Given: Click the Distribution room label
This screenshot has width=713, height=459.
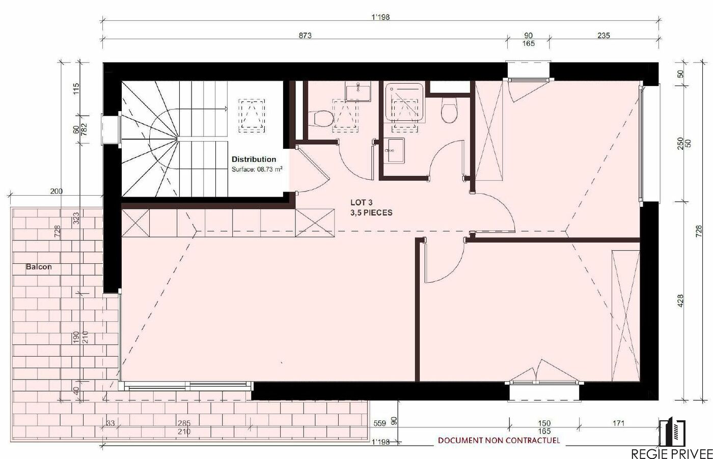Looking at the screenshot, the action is click(254, 159).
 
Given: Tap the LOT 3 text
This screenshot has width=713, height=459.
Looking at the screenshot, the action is click(361, 202).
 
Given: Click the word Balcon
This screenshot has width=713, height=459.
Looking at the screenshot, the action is click(39, 267).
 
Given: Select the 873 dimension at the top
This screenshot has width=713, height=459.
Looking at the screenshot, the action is click(305, 35).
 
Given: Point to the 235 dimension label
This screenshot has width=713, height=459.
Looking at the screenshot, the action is click(604, 35).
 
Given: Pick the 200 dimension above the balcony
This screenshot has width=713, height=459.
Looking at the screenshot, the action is click(57, 192).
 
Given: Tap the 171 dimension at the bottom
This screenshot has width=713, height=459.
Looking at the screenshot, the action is click(618, 423).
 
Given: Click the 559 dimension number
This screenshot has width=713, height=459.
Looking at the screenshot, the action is click(379, 423).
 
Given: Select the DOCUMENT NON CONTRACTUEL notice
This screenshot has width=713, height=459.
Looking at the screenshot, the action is click(499, 441).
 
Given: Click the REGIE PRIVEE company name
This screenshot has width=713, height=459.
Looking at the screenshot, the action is click(672, 453).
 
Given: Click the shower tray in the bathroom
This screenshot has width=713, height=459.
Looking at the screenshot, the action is click(404, 102).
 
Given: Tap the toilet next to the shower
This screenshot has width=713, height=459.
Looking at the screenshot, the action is click(449, 110).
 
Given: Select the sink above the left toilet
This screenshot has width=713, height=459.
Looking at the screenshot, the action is click(358, 91).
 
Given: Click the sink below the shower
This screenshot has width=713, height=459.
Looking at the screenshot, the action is click(394, 151).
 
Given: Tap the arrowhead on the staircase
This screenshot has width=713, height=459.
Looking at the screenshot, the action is click(226, 109).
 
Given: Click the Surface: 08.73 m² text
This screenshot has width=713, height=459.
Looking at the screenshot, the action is click(257, 169).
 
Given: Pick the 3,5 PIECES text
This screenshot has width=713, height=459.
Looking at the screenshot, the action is click(371, 212).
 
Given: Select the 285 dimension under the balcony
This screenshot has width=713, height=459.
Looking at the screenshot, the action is click(184, 423).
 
